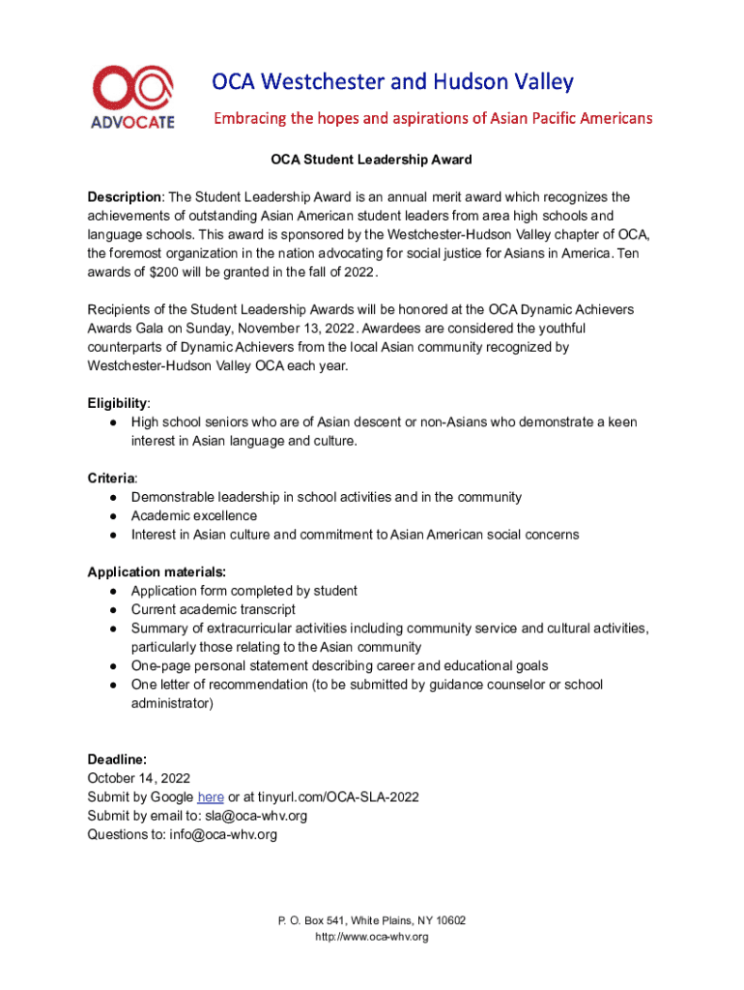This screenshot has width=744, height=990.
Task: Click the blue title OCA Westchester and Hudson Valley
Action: (393, 81)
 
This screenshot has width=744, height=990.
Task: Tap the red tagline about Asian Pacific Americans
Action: (432, 119)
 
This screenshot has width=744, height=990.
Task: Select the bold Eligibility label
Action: (118, 403)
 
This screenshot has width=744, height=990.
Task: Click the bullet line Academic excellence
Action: (194, 515)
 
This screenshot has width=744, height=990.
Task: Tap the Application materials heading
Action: (157, 571)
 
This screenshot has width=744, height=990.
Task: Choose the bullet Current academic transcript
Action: (214, 609)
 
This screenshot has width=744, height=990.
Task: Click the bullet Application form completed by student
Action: (244, 591)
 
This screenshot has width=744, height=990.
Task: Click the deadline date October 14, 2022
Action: (138, 777)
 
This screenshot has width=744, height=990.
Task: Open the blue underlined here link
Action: (211, 797)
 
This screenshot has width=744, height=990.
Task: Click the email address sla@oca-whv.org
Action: (256, 815)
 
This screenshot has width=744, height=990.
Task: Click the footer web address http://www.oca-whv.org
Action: (372, 937)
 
